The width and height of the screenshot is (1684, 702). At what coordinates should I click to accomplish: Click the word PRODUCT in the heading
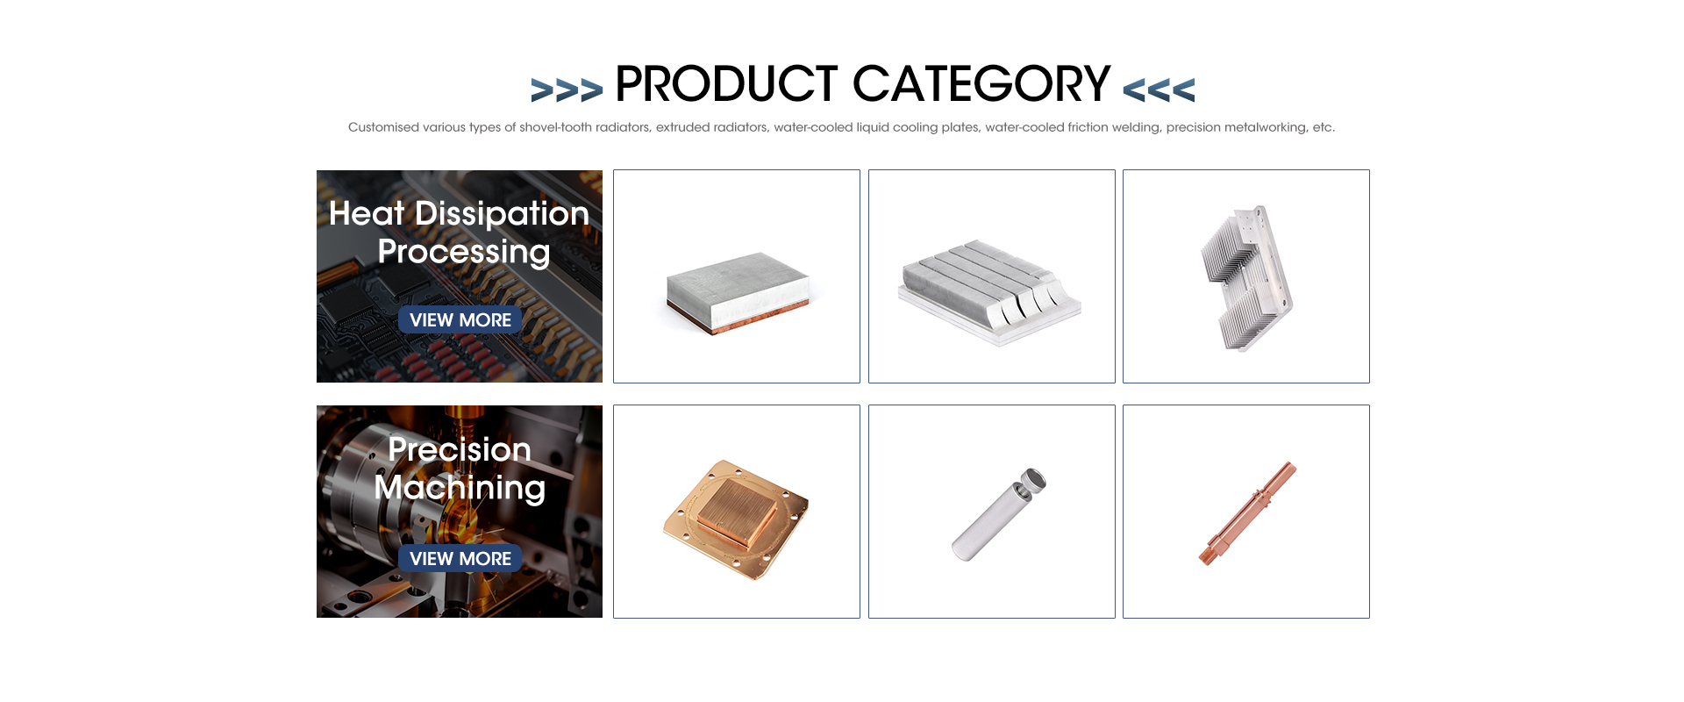click(726, 84)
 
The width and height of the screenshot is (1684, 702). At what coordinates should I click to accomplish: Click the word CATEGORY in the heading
click(981, 84)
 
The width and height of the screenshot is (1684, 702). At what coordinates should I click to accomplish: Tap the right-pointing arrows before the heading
click(567, 90)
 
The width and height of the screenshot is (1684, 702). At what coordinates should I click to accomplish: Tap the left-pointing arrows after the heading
click(1159, 90)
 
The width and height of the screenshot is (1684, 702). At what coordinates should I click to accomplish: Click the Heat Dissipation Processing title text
click(460, 233)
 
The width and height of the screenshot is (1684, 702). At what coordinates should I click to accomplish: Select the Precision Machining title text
click(460, 469)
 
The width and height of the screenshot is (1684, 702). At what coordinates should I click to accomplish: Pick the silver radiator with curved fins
click(989, 292)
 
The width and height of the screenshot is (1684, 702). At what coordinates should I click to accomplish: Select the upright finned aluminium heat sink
click(1245, 278)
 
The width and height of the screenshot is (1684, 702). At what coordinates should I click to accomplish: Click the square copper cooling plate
click(736, 519)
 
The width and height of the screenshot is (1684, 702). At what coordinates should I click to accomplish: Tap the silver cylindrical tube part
click(998, 514)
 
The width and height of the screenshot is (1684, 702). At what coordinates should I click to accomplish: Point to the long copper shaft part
click(1247, 513)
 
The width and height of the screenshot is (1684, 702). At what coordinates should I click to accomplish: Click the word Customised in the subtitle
click(383, 127)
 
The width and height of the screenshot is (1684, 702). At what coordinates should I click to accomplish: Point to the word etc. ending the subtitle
click(1324, 127)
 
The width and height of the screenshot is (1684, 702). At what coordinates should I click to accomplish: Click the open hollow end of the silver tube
click(1034, 479)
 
